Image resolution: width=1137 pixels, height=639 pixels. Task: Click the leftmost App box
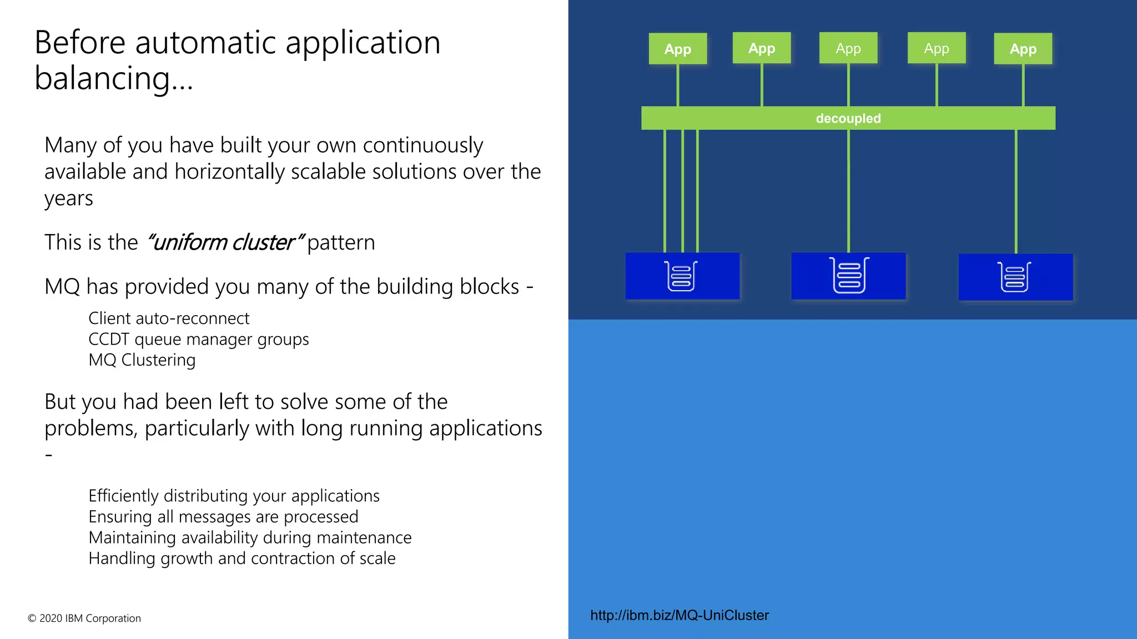click(x=677, y=49)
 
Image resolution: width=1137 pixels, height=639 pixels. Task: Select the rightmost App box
click(x=1023, y=49)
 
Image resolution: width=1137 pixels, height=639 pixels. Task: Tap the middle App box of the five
click(x=848, y=48)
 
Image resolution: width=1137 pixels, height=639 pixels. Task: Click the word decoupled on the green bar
click(x=848, y=118)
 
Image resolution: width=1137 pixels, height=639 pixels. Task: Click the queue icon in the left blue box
click(x=681, y=276)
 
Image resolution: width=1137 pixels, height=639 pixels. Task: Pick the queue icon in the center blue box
click(x=849, y=275)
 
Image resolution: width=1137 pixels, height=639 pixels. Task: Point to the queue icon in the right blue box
click(x=1015, y=277)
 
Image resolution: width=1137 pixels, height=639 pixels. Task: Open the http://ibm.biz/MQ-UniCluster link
click(x=680, y=615)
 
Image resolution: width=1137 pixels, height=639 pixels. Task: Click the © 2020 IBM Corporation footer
click(x=84, y=618)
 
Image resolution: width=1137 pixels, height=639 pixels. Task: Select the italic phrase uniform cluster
click(x=225, y=242)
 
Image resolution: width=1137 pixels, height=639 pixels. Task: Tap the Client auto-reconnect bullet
click(x=169, y=318)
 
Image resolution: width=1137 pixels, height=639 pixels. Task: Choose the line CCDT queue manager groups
click(x=199, y=339)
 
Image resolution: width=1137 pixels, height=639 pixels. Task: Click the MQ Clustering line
click(x=142, y=360)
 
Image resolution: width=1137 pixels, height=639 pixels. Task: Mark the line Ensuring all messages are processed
click(x=223, y=516)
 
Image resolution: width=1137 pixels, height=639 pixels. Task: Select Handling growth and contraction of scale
click(x=242, y=558)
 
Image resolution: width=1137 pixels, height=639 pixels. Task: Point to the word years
click(x=69, y=199)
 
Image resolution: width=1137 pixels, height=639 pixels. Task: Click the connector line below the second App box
click(x=762, y=85)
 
